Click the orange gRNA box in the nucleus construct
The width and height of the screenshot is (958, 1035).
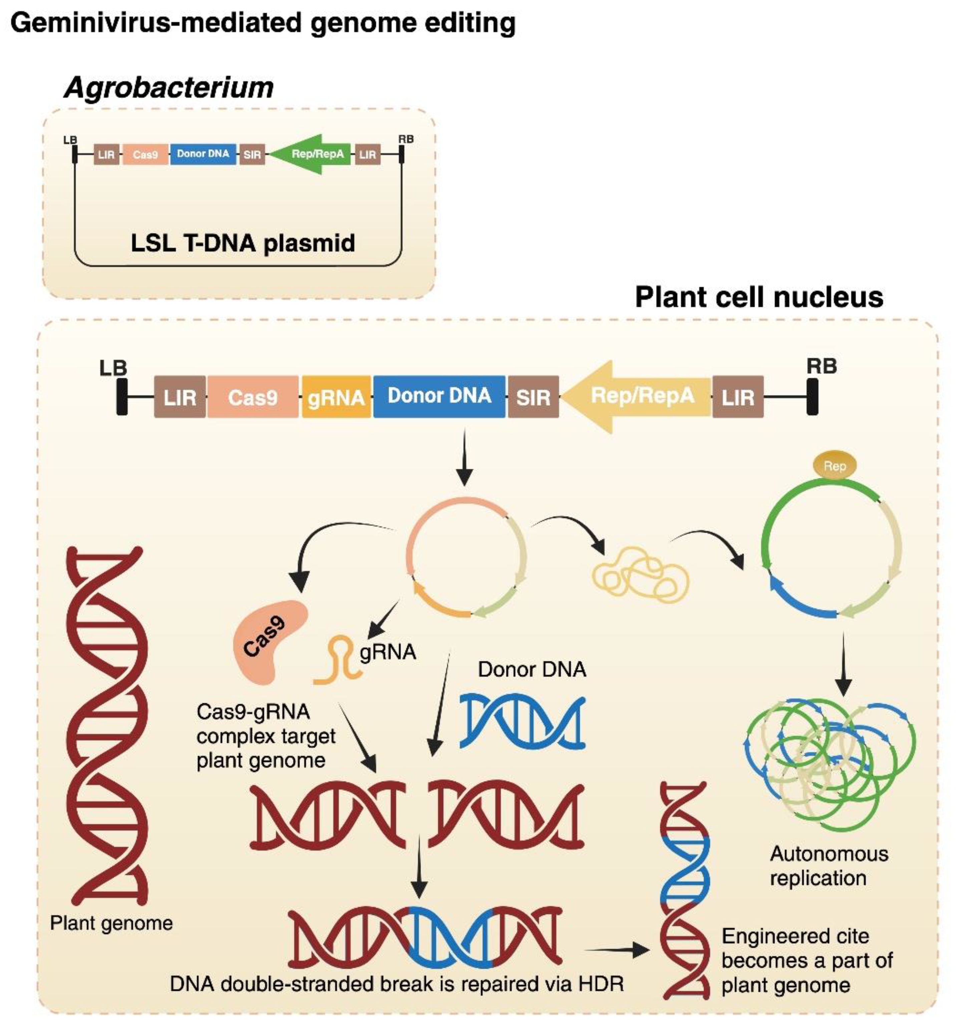(336, 397)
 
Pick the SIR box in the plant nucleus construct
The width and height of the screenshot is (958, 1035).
(533, 397)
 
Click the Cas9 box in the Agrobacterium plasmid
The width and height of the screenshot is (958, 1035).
(145, 154)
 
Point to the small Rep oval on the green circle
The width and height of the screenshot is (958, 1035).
(834, 466)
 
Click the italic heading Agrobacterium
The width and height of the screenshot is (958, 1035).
(169, 87)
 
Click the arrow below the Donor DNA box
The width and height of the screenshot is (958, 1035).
(464, 456)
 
